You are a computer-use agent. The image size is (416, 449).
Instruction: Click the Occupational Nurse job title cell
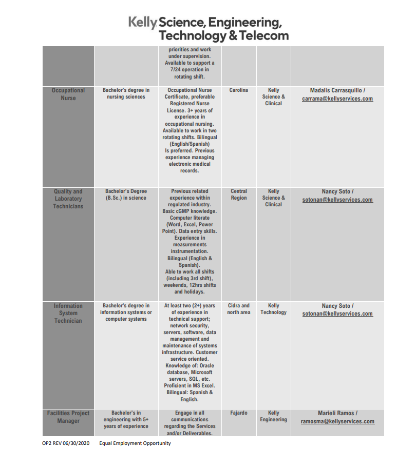click(x=68, y=94)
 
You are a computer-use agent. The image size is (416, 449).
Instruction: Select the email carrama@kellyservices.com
click(x=337, y=99)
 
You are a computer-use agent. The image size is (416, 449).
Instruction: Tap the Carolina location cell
click(x=238, y=90)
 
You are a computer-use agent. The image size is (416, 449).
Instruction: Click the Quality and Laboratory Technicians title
click(x=68, y=199)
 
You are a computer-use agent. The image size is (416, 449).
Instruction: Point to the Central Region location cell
click(x=238, y=194)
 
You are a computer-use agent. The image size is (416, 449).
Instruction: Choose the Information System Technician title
click(x=68, y=313)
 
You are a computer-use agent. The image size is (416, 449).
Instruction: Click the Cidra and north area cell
click(x=238, y=309)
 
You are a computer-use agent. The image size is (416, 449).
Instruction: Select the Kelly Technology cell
click(x=273, y=309)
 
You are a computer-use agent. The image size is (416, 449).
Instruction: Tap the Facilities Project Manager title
click(x=68, y=417)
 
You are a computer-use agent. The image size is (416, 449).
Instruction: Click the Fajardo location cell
click(x=238, y=413)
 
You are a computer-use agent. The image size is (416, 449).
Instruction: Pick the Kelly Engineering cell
click(x=273, y=416)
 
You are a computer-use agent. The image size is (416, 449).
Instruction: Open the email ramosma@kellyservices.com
click(x=337, y=422)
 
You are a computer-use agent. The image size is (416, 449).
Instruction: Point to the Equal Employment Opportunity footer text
click(x=135, y=443)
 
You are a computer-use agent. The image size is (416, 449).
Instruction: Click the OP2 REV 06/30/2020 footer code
click(x=67, y=443)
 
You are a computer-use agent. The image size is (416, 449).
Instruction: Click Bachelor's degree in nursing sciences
click(x=126, y=93)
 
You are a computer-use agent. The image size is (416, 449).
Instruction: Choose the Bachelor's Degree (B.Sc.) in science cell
click(x=126, y=194)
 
